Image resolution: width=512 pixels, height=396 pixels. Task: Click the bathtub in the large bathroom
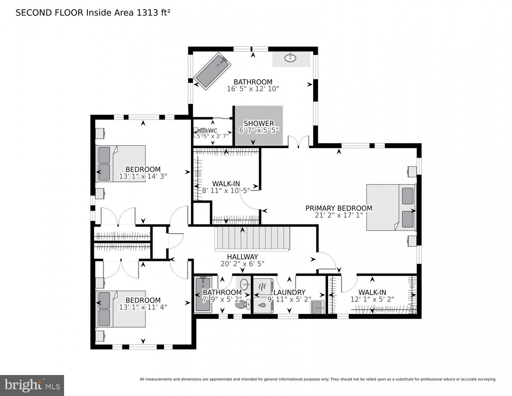point(212,72)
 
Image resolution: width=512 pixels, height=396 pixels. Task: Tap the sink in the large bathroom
point(291,59)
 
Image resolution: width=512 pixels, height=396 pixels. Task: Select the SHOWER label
point(259,124)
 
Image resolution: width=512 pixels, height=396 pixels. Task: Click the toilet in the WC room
point(202,130)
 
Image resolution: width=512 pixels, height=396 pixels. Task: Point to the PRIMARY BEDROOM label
point(339,208)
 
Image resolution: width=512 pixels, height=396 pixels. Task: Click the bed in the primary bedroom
point(391,207)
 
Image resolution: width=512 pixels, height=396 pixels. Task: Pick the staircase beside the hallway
point(252,238)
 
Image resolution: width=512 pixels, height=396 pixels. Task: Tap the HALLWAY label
point(242,257)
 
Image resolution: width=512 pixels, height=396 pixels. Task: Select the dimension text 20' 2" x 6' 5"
point(242,263)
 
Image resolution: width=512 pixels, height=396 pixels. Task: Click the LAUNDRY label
point(290,293)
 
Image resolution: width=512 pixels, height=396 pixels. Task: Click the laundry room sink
point(317,307)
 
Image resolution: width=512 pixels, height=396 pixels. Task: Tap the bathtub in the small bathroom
point(203,295)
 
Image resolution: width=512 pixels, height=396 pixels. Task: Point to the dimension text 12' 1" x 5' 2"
point(372,299)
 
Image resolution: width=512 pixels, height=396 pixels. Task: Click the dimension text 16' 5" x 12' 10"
point(253,89)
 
